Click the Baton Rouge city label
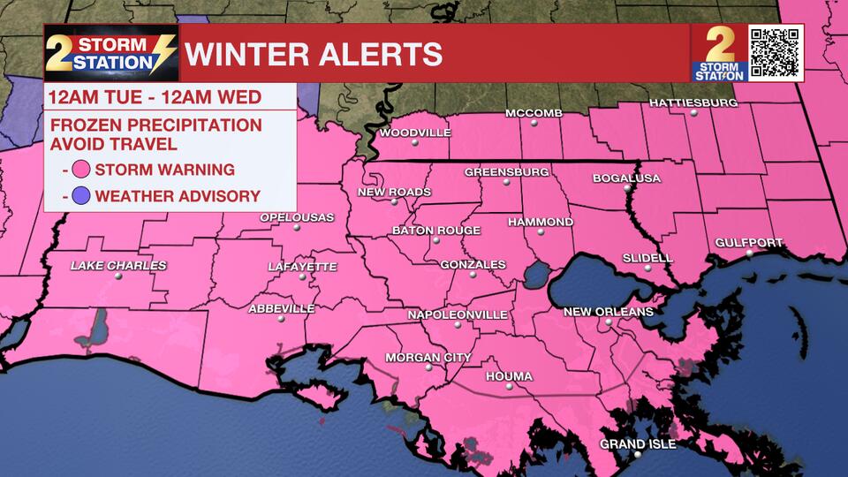coord(436,231)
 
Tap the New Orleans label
coord(609,312)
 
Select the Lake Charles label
coord(118,265)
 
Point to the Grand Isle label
coord(638,443)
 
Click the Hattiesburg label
coord(693,102)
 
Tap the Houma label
coord(509,377)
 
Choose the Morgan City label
coord(428,358)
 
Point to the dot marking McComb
coord(534,124)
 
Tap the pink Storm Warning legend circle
coord(82,170)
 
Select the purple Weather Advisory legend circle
coord(82,196)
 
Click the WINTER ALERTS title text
coord(314,54)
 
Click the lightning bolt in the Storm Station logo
coord(163,53)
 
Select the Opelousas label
coord(297,217)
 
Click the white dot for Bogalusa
coord(627,188)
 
